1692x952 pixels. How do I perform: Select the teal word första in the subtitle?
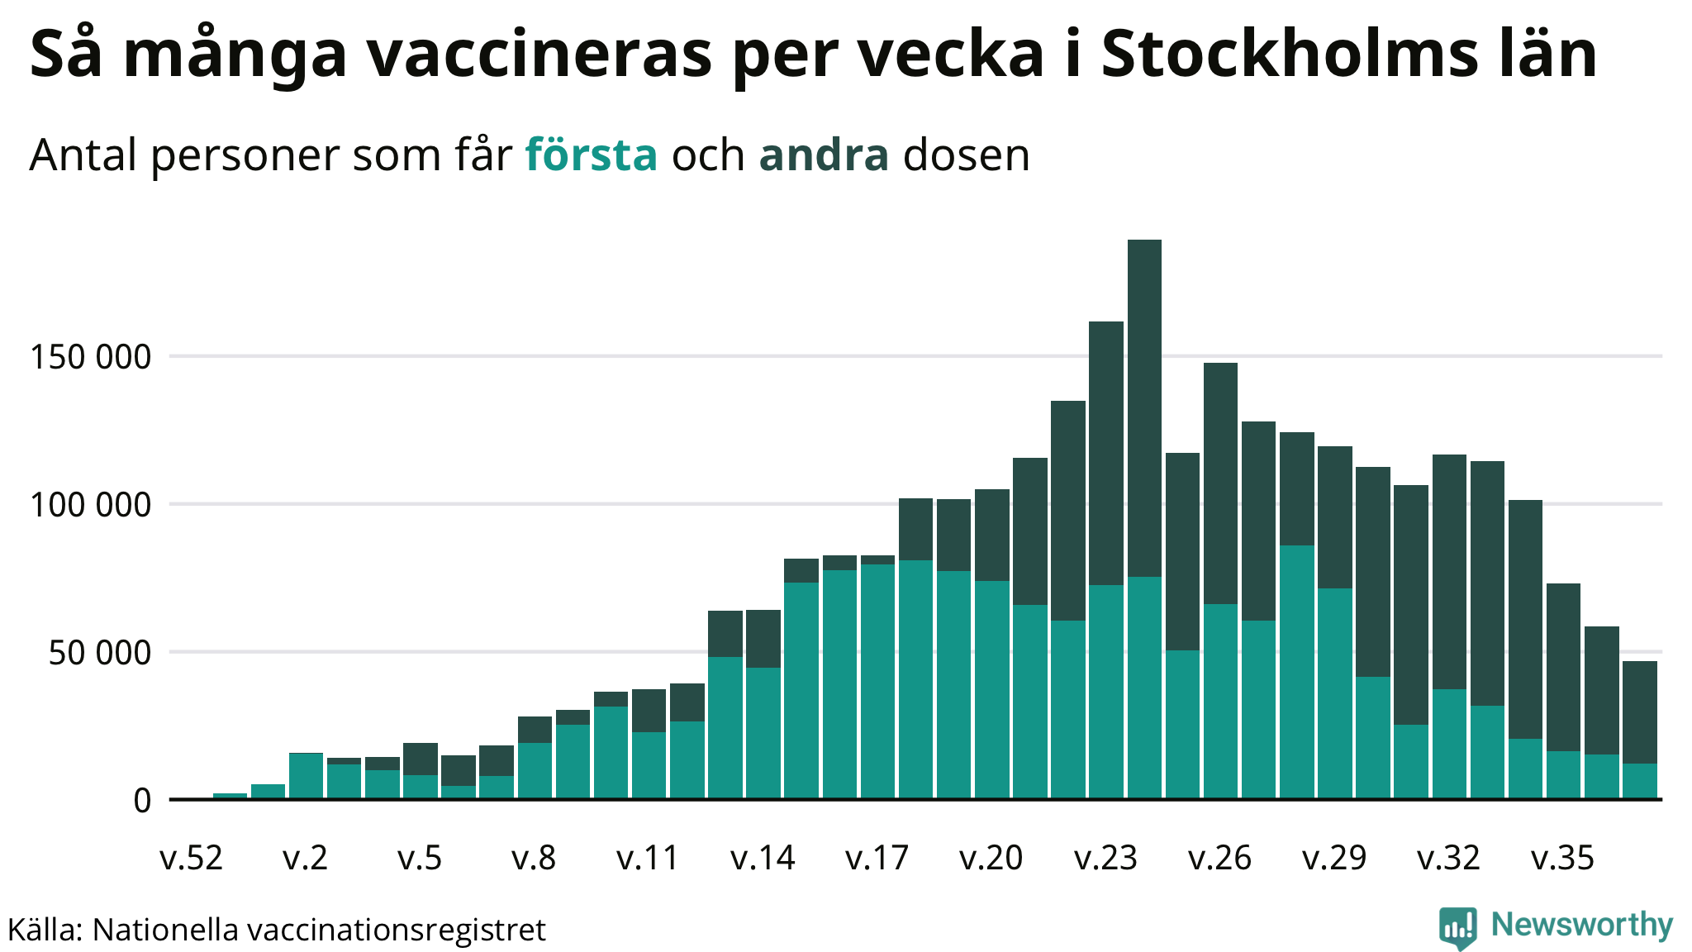(592, 155)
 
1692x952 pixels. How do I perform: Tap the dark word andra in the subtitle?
(824, 155)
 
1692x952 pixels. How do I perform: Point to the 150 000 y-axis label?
(91, 357)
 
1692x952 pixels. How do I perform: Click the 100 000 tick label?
(91, 505)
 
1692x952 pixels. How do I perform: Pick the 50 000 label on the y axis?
(100, 653)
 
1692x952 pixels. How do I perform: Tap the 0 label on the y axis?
(142, 801)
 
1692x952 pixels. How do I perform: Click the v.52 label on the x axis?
(191, 859)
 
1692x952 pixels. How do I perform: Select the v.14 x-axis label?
(763, 859)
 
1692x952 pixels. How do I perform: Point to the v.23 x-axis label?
(1105, 859)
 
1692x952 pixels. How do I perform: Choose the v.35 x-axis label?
(1562, 859)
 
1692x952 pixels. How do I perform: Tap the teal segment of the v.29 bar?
(1334, 693)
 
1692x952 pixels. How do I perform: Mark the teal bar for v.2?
(306, 776)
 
